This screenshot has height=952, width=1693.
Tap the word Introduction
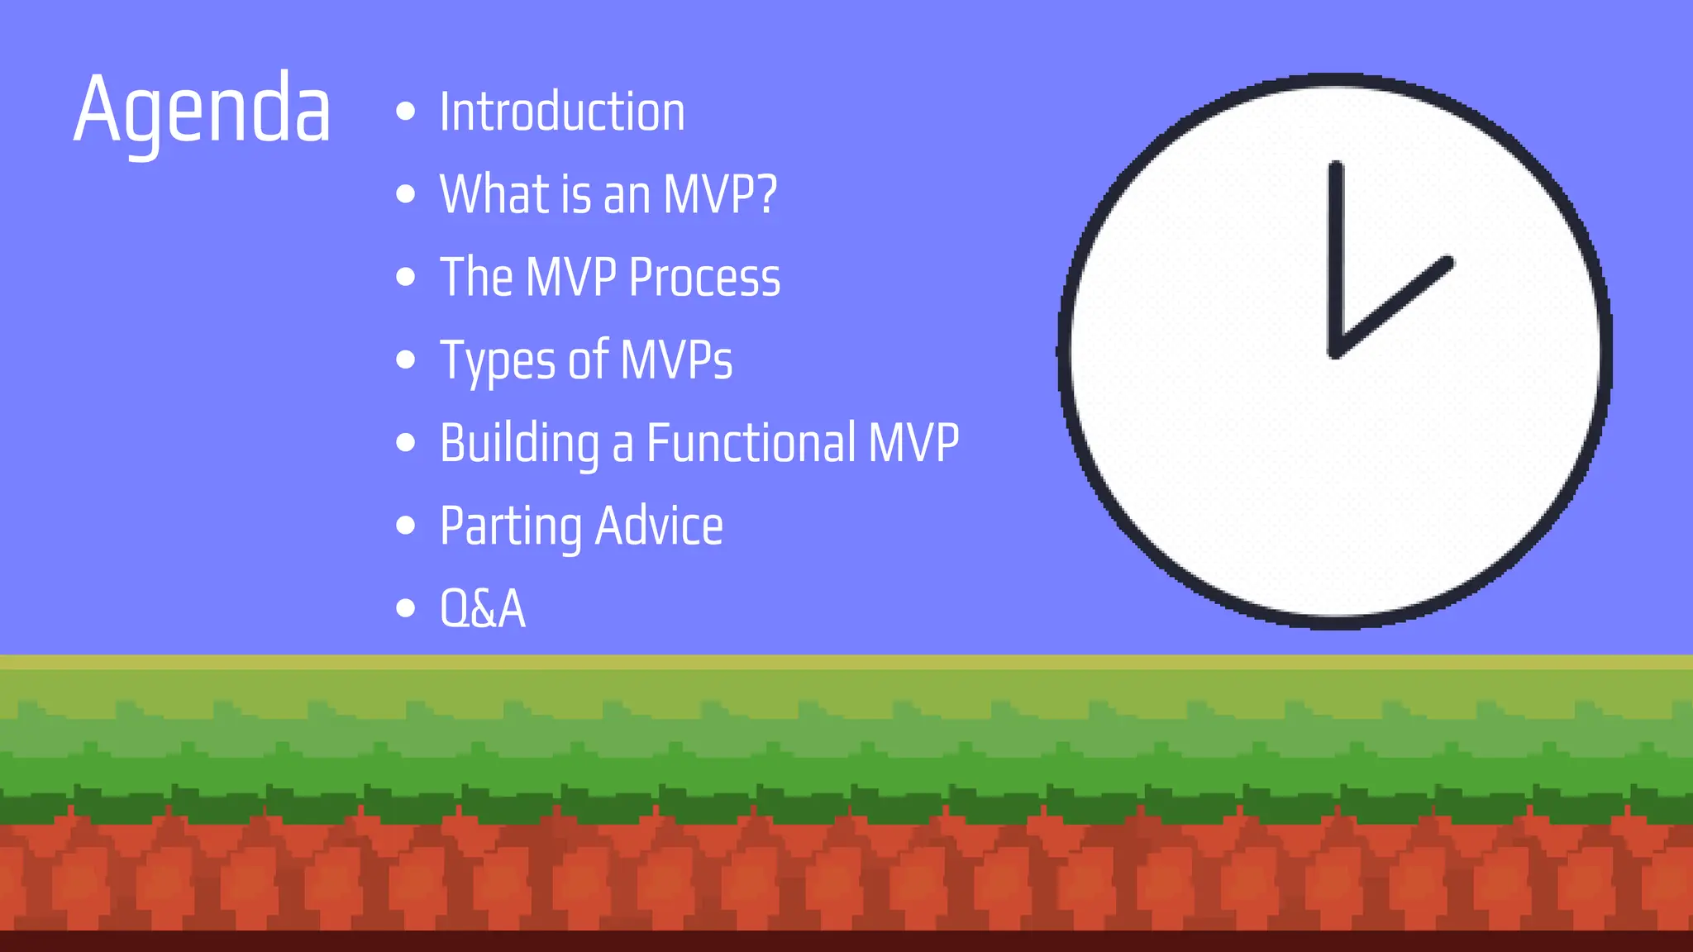(x=562, y=112)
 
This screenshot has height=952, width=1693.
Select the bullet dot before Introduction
(x=405, y=112)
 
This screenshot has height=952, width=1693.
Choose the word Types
(x=498, y=361)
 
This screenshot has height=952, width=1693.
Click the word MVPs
(x=676, y=360)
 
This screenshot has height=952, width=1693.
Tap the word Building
(x=519, y=444)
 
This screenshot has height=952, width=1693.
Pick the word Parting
(x=510, y=526)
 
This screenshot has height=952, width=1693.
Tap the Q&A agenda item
(x=482, y=609)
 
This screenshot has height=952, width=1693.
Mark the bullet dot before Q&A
(x=405, y=608)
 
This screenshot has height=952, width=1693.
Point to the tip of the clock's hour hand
(x=1447, y=263)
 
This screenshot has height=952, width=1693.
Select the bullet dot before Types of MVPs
(x=405, y=359)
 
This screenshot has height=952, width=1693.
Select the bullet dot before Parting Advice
(x=405, y=526)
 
